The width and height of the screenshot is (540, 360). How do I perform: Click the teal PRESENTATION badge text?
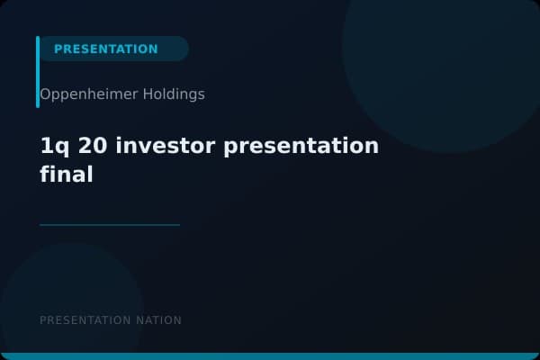[x=105, y=49]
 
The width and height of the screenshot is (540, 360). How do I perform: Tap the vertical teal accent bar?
[x=38, y=72]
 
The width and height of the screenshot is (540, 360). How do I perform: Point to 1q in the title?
[x=51, y=147]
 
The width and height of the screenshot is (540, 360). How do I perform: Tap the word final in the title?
[x=67, y=175]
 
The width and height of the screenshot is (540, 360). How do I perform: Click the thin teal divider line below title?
[x=110, y=225]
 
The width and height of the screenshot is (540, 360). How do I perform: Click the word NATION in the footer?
[x=159, y=320]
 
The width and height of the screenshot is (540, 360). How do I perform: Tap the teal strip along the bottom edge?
[x=270, y=356]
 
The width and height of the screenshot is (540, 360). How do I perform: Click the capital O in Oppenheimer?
[x=45, y=94]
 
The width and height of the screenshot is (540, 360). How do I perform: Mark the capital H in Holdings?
[x=148, y=94]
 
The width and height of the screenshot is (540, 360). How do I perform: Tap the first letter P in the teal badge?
[x=58, y=49]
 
